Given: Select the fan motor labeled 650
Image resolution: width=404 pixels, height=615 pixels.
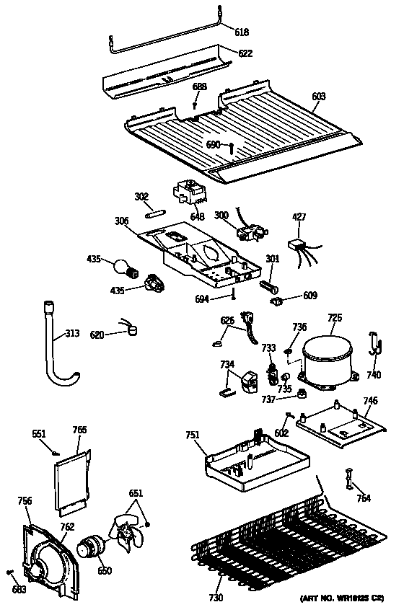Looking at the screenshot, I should point(92,549).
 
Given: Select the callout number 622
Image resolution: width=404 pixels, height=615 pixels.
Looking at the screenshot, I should point(245,53).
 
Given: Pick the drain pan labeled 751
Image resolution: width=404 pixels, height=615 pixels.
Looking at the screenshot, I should point(252,461).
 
